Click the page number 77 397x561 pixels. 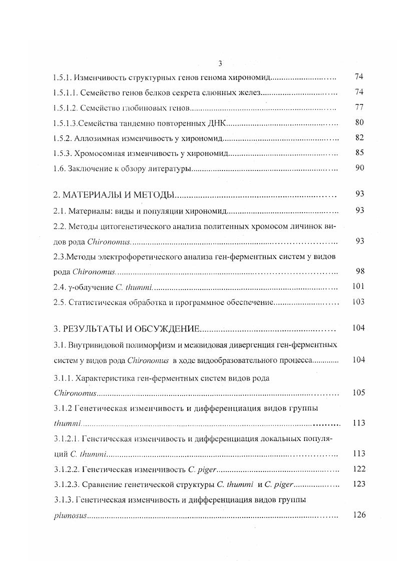[x=359, y=107]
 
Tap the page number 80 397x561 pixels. [x=359, y=122]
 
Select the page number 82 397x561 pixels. [x=359, y=137]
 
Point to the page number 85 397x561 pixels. [x=359, y=152]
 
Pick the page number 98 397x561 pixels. [x=359, y=271]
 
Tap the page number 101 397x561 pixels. [x=357, y=286]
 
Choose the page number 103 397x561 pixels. [x=357, y=301]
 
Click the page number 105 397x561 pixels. [x=358, y=392]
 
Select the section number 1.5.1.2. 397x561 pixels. [x=66, y=107]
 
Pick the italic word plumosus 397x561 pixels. [x=70, y=515]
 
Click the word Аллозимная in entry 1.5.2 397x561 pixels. [x=96, y=138]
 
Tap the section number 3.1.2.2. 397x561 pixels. [x=66, y=469]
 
